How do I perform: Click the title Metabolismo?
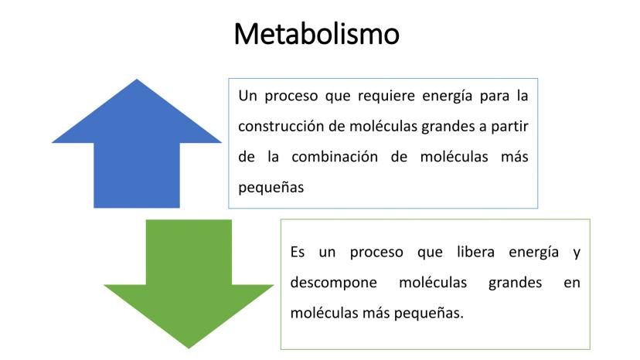pos(316,34)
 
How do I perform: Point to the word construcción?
pos(281,126)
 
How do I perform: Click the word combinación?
pos(335,157)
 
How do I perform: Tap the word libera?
pos(475,252)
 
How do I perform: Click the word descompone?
pos(333,283)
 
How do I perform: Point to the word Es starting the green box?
pos(298,253)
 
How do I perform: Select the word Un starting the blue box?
pos(248,96)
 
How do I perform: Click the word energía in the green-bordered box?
pos(533,253)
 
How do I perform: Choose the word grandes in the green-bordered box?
pos(515,283)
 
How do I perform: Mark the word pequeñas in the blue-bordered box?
pos(271,188)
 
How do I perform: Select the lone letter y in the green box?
pos(577,254)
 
